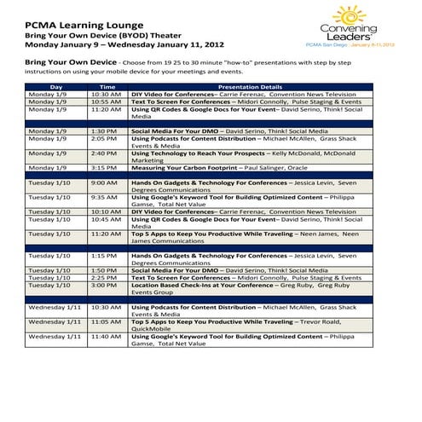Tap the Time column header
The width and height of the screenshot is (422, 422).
[x=107, y=86]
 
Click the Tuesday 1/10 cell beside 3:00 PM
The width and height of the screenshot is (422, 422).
[x=49, y=285]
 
